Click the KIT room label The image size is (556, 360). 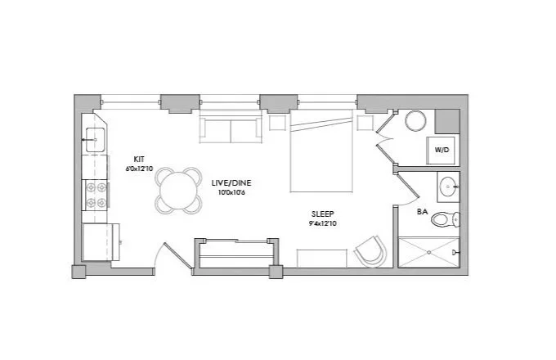coord(141,159)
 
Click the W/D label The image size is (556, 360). coord(442,151)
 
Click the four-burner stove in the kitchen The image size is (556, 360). coord(96,193)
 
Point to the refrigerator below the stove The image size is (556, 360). coord(100,242)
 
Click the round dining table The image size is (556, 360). coord(179,190)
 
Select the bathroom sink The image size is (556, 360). coord(446,187)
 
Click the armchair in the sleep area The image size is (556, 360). coord(370,250)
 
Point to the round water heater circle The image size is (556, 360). coord(416,122)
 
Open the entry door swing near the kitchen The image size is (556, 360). coord(168,255)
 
